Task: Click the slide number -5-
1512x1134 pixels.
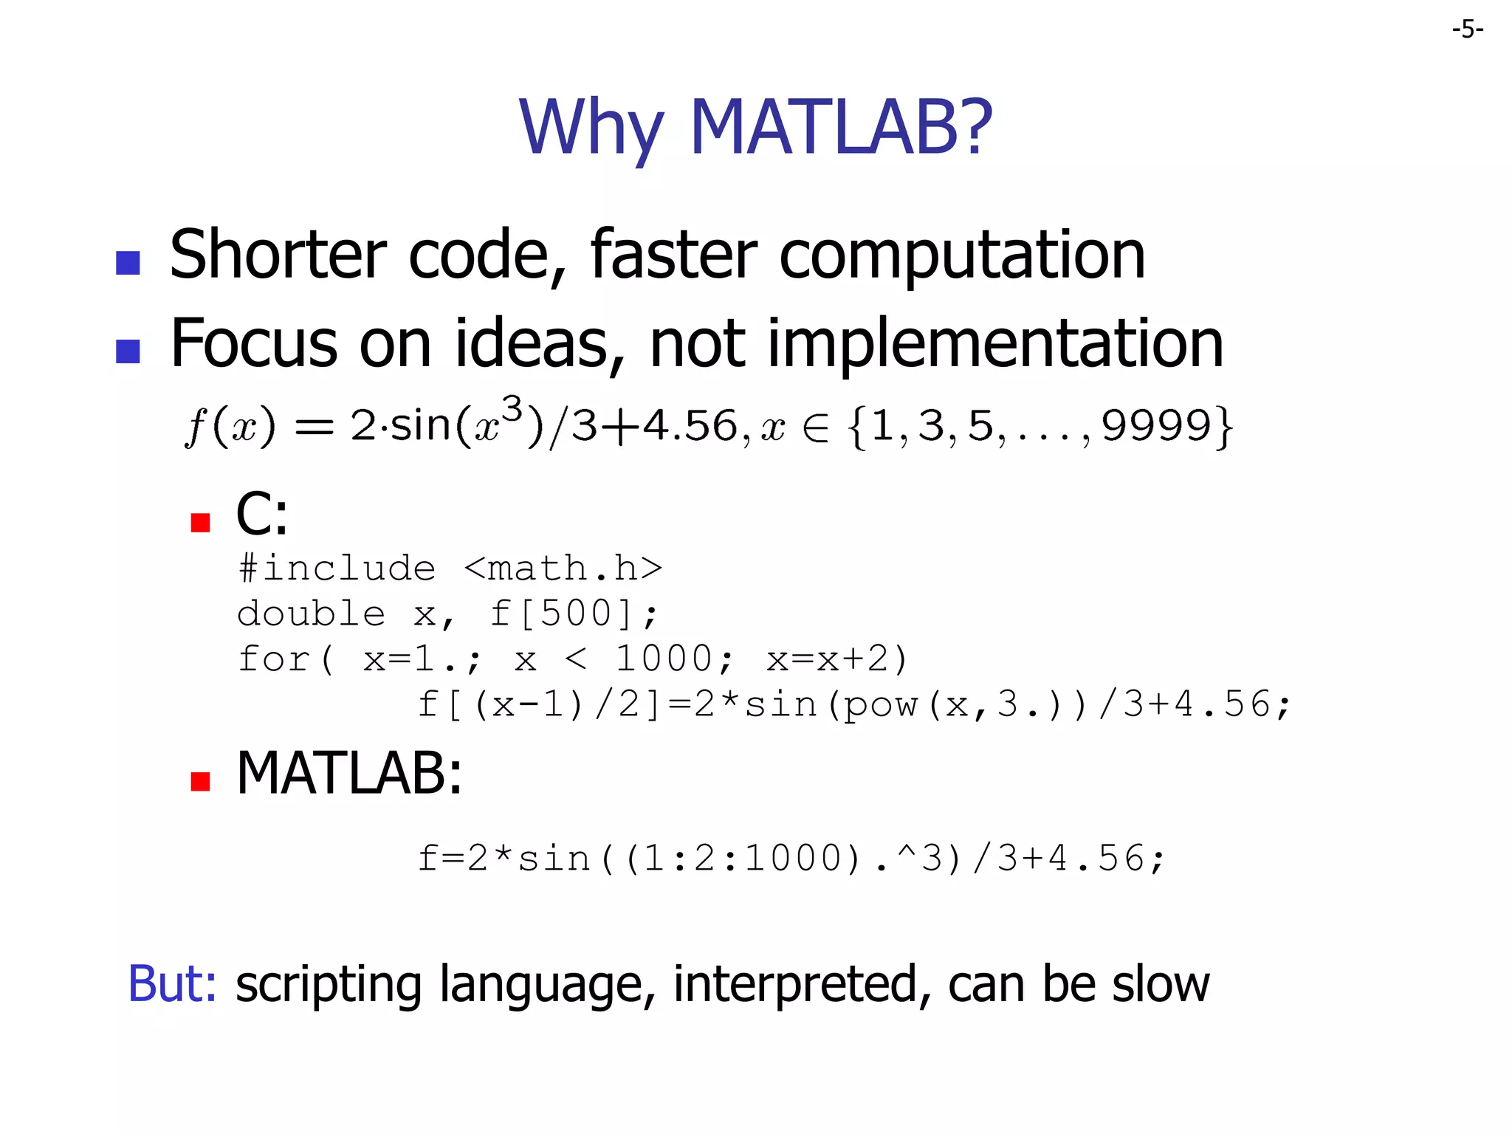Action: (1467, 30)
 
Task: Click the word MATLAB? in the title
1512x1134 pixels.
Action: (841, 128)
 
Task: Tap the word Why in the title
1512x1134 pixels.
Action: (591, 129)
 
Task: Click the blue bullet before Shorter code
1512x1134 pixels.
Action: (128, 263)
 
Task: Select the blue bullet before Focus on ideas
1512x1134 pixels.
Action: (128, 351)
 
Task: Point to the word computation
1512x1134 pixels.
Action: (962, 255)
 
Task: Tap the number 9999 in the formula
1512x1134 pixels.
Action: (1157, 426)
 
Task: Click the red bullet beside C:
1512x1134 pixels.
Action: (200, 523)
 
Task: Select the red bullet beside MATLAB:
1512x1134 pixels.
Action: (200, 781)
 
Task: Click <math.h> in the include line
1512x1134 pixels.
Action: (563, 568)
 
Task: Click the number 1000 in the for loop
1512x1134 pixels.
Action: (664, 659)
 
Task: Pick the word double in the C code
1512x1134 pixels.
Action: (311, 614)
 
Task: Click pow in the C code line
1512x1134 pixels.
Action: (881, 705)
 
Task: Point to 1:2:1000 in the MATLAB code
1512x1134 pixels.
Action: (742, 859)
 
